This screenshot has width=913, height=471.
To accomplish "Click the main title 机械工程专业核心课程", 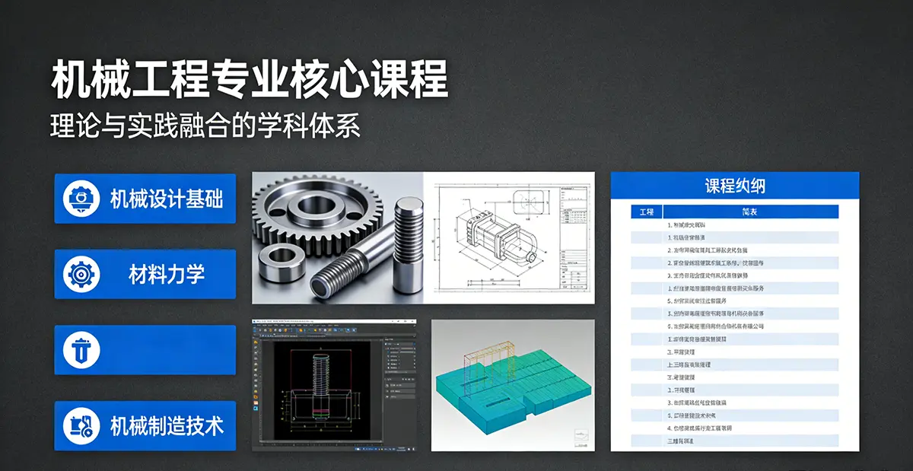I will point(250,80).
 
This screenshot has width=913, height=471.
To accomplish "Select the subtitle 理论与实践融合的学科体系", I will point(205,126).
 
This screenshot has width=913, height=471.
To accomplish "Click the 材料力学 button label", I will point(167,274).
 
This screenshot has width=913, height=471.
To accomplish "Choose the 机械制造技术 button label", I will point(167,425).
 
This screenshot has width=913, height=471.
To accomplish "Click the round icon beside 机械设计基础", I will point(81,199).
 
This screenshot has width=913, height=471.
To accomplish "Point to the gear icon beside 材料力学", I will point(81,274).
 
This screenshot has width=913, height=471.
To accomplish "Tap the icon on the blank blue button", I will point(81,350).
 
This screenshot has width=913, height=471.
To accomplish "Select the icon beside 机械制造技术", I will point(81,425).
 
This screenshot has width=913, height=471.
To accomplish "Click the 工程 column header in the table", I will point(647,212).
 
